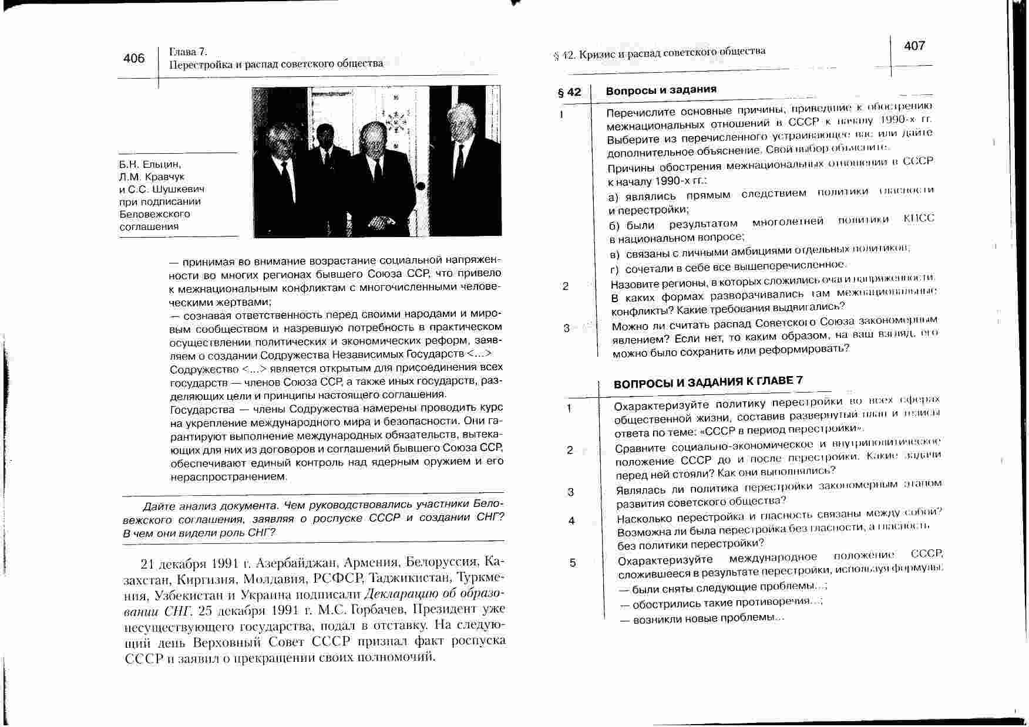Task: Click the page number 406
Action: tap(134, 58)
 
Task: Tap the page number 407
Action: tap(914, 46)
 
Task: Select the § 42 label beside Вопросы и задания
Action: tap(569, 92)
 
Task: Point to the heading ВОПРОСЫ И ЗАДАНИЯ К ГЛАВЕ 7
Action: tap(708, 382)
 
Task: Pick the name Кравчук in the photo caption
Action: tap(164, 177)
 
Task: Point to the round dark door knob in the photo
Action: tap(421, 187)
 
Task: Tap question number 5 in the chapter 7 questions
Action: tap(573, 563)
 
